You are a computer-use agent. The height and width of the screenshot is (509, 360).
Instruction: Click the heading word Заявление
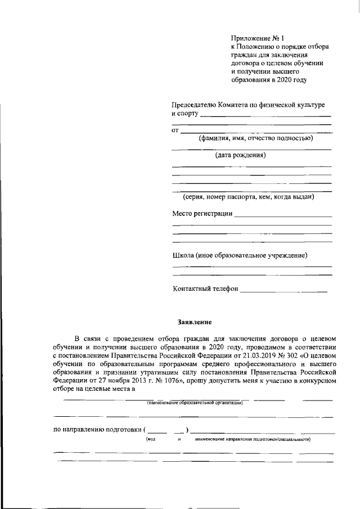click(195, 322)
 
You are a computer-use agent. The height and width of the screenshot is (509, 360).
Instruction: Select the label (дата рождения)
click(241, 155)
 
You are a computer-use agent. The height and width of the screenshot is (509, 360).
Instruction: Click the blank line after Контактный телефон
click(283, 291)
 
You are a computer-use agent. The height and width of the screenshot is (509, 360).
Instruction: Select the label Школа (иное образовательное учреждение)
click(240, 255)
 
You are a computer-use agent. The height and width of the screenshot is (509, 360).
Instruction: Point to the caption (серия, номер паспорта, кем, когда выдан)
click(248, 197)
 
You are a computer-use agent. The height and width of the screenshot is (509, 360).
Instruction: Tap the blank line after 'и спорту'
click(265, 115)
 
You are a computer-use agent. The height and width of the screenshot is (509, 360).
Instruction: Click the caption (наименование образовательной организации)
click(195, 403)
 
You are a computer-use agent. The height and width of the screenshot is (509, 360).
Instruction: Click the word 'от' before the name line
click(174, 130)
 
